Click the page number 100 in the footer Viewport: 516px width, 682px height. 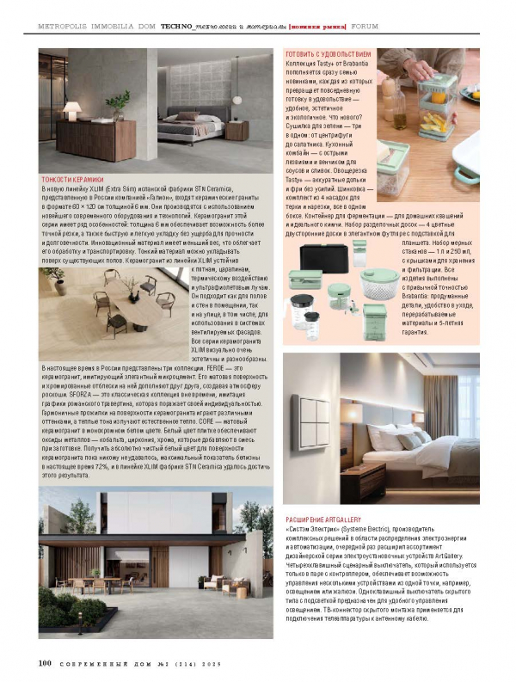(46, 664)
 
